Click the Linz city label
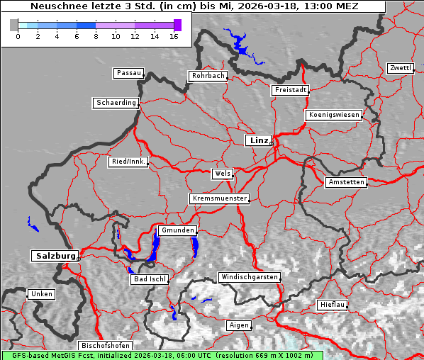coord(258,140)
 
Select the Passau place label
coord(128,73)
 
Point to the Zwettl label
coord(400,68)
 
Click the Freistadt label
coord(290,90)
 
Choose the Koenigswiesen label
coord(334,115)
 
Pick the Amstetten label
coord(346,182)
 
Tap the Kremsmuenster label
coord(219,198)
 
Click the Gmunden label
coord(177,230)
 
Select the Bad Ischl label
coord(149,279)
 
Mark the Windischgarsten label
coord(249,277)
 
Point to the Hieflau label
coord(333,304)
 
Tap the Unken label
coord(41,293)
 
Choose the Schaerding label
coord(116,103)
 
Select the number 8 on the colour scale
coord(96,35)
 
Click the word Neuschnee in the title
coord(56,6)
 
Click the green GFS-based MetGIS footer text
coord(162,355)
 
